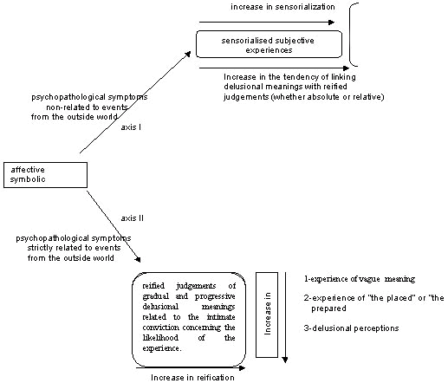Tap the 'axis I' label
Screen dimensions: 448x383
(131, 127)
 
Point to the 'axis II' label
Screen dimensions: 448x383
(132, 218)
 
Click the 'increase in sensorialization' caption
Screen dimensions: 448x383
(282, 7)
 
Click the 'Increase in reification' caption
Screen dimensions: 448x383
(192, 378)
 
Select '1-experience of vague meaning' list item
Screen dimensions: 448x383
(360, 279)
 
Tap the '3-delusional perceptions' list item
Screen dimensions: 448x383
(351, 328)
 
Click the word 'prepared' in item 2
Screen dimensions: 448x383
(328, 308)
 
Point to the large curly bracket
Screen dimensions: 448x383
(350, 35)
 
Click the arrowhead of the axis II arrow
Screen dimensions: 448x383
(139, 260)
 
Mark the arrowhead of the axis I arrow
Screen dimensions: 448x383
(189, 54)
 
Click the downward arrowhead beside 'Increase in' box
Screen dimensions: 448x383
(285, 360)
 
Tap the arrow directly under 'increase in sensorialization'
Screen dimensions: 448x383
(267, 22)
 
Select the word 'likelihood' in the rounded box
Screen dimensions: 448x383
(160, 338)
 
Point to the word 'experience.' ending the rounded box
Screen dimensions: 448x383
(162, 348)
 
